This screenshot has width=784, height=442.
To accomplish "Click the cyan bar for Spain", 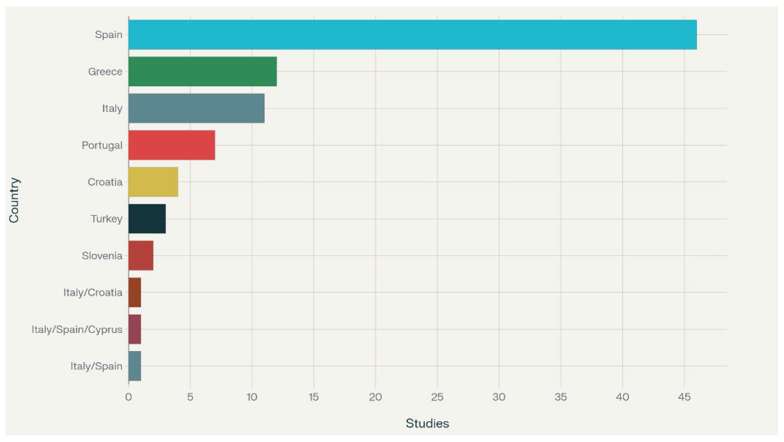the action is coord(413,35).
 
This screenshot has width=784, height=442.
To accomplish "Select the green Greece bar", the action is coord(203,72).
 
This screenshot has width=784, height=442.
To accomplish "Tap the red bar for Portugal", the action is coord(172,145).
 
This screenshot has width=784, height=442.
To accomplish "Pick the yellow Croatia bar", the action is coord(153,182).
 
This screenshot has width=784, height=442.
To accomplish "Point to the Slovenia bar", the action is coord(141,256).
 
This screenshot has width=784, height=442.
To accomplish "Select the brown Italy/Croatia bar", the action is coord(135,292).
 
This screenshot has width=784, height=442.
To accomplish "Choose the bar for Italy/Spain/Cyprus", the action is coord(135,329).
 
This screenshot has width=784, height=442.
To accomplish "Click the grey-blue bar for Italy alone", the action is coord(197,108).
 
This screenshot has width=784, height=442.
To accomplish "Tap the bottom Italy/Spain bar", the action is coord(135,366).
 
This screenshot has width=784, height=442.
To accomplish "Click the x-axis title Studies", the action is coord(427,424).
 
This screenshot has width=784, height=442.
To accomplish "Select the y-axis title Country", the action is coord(14,200).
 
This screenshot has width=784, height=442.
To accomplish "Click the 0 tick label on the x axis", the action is coord(128,397).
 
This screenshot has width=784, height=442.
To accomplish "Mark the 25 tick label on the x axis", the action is coord(437,397).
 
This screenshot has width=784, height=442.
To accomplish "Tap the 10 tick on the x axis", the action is coord(252,397).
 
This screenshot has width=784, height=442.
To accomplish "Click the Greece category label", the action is coord(105,72).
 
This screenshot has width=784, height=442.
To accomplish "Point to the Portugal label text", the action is coord(102,146).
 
